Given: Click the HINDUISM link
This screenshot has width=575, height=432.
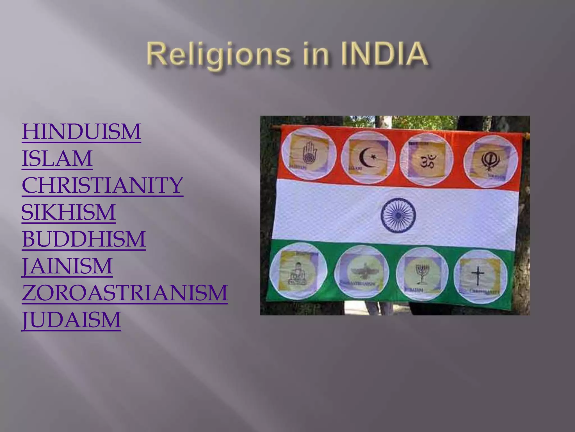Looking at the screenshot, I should (x=81, y=132).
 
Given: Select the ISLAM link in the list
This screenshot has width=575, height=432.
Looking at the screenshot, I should (x=57, y=158).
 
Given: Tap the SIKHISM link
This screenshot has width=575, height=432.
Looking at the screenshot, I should (x=69, y=212).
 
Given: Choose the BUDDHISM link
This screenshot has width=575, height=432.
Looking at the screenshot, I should (x=84, y=239).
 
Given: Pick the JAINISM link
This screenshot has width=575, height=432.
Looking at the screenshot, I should (x=67, y=266).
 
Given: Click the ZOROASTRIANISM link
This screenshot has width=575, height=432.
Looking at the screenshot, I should (x=125, y=293).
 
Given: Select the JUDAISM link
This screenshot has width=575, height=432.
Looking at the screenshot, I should (x=71, y=320).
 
